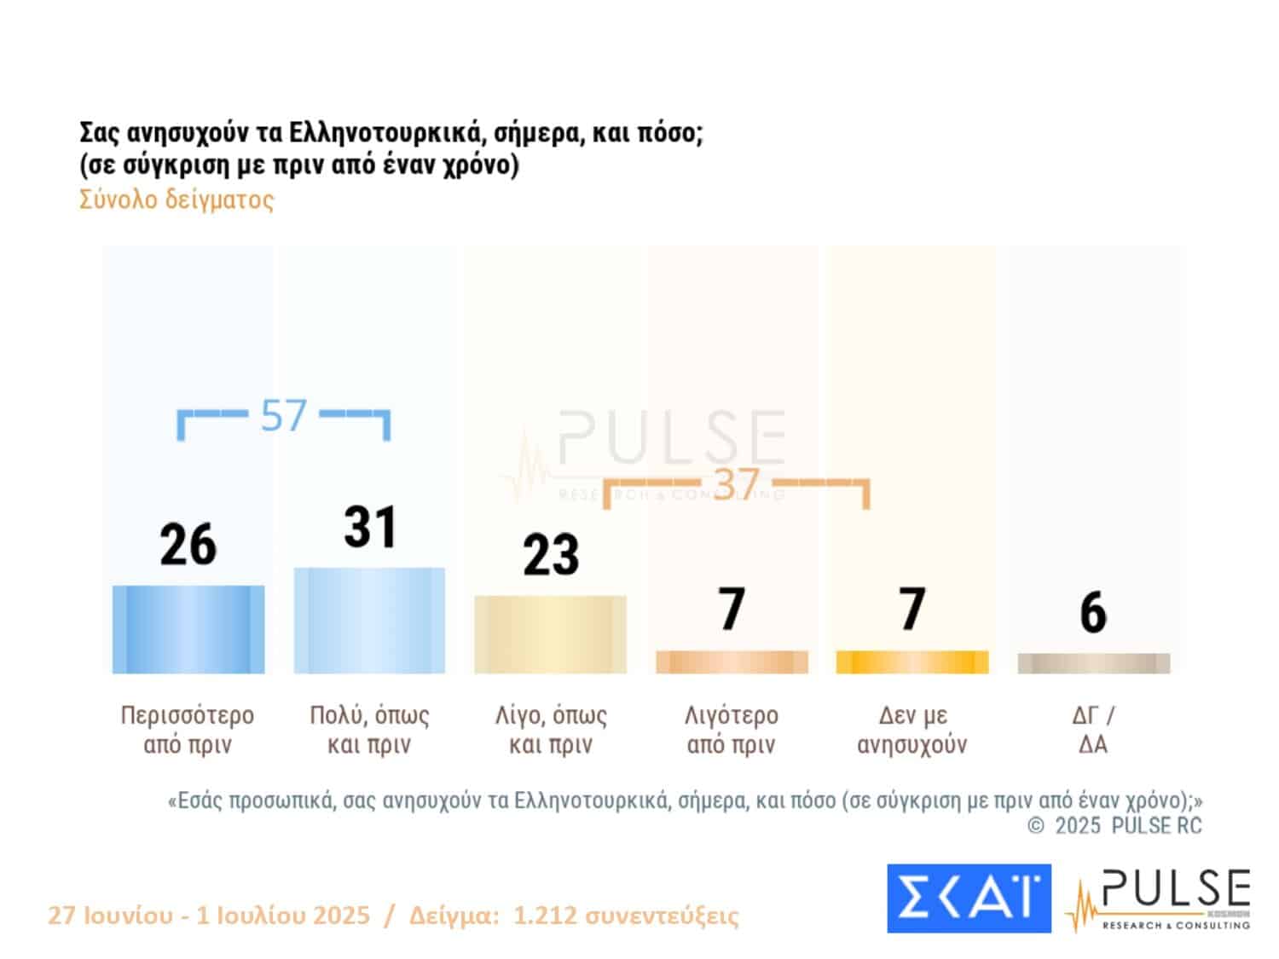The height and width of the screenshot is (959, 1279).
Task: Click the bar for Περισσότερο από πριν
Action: (188, 629)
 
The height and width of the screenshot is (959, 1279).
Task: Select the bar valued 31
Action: (369, 620)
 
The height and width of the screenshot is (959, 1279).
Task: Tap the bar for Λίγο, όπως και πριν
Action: (550, 634)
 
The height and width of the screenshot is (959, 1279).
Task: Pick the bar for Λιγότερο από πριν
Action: (732, 661)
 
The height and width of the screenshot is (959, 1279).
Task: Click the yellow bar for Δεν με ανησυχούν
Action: (912, 661)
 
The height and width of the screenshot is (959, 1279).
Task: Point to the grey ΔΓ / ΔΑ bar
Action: (1093, 663)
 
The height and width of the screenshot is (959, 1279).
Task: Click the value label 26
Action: (188, 546)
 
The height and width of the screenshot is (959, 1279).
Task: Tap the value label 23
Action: (551, 555)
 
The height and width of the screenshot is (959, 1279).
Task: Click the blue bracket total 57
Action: (283, 416)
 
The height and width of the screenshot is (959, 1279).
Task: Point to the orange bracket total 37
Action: (735, 484)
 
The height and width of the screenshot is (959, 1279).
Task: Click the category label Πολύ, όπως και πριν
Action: (369, 730)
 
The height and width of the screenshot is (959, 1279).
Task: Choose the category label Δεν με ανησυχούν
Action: (912, 730)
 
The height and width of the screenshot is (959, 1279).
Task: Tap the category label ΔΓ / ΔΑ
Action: (1093, 730)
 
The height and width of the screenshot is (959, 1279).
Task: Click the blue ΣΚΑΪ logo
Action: (969, 898)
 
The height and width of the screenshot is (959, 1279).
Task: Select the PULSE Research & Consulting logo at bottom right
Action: (1160, 898)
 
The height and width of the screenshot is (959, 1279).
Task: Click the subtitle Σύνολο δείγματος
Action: (177, 199)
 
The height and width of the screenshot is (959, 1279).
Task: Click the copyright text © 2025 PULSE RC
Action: (1114, 825)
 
